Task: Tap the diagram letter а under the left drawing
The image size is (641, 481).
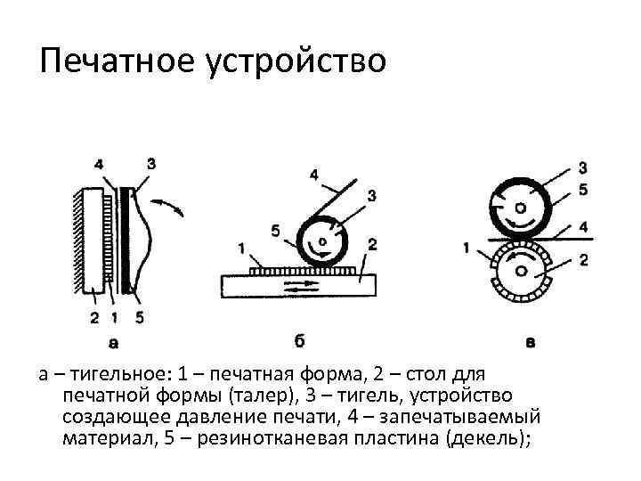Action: (x=114, y=340)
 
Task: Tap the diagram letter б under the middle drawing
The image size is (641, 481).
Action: (x=299, y=338)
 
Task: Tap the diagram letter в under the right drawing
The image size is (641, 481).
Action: (x=531, y=339)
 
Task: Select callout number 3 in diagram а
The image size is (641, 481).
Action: (x=150, y=163)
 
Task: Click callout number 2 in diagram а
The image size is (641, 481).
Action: (x=94, y=316)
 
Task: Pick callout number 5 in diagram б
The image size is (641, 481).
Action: (x=275, y=231)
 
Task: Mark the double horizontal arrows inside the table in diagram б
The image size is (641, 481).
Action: (x=298, y=286)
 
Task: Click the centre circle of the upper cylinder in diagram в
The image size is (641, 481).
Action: (x=519, y=210)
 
